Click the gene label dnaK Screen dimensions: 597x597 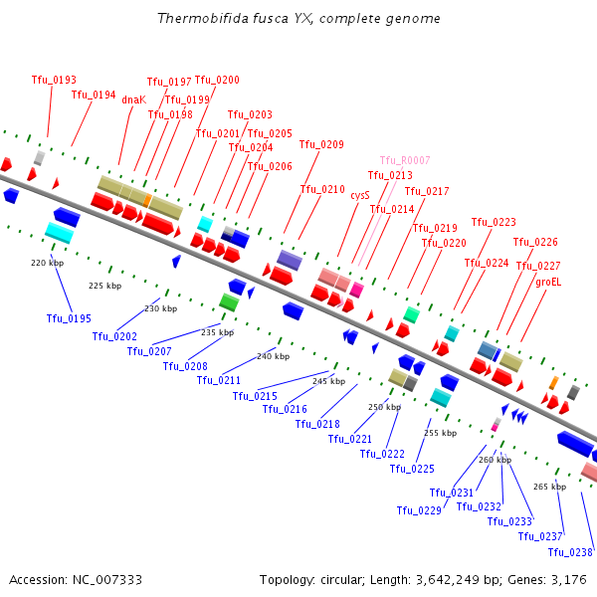pos(133,99)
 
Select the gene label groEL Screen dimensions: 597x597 pos(548,283)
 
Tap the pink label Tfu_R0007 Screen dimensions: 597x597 pos(405,160)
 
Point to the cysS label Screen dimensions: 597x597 pos(360,196)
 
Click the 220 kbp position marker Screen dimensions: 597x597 pos(47,263)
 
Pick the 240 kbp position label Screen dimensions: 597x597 pos(273,356)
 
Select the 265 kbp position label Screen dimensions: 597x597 pos(549,487)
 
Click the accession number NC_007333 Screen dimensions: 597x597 pos(107,580)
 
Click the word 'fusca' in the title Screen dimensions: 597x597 pos(270,18)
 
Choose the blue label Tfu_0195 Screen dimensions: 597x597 pos(69,318)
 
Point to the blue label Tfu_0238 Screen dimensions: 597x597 pos(570,552)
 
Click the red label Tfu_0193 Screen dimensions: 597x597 pos(54,80)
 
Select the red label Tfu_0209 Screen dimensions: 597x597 pos(321,144)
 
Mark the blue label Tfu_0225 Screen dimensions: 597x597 pos(412,469)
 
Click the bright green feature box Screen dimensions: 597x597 pos(229,302)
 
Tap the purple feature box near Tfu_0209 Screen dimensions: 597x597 pos(290,261)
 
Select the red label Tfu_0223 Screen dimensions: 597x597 pos(494,222)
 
